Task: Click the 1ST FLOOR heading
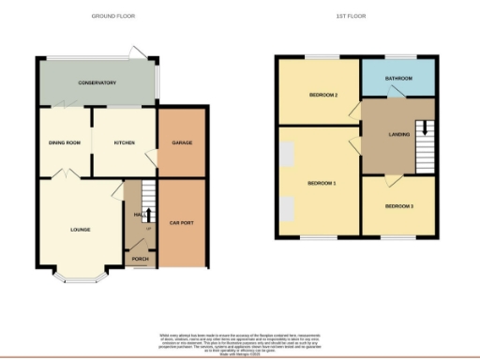351,17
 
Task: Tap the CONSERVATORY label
97,82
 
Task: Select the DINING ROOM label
65,142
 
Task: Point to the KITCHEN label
125,142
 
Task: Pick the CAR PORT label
181,223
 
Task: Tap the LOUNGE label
80,229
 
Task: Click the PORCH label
140,259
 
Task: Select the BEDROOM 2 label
323,95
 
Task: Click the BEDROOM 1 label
322,183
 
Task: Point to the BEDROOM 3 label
398,205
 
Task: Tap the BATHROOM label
397,79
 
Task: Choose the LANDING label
400,135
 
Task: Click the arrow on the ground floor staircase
147,213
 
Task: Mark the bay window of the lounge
80,277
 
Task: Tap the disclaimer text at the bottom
239,341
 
